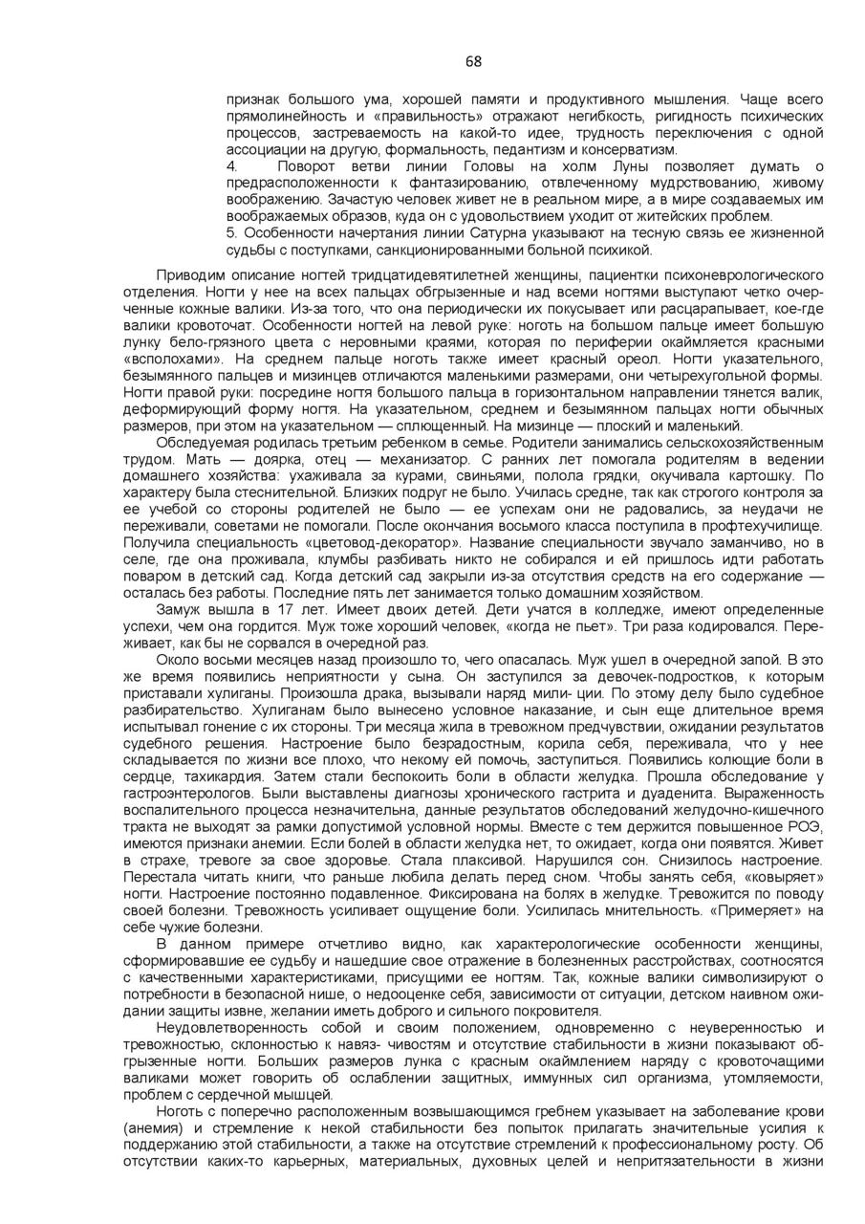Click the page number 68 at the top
coord(473,62)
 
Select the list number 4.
coord(231,166)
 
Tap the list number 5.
coord(231,233)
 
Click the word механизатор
coord(406,459)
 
